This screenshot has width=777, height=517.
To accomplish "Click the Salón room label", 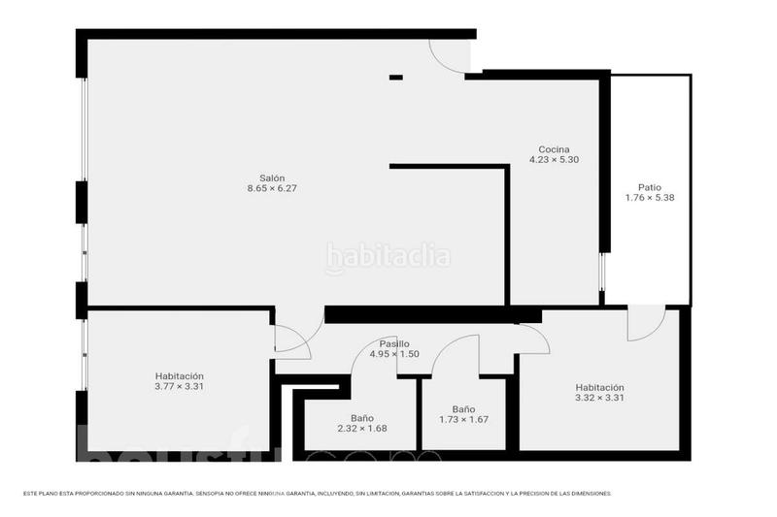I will tap(271, 178).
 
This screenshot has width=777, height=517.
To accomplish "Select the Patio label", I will tap(650, 187).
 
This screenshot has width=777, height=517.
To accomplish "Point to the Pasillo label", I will tap(393, 343).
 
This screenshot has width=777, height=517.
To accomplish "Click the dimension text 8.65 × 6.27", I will tap(271, 188).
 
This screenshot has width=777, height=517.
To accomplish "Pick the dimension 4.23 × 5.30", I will tap(554, 160).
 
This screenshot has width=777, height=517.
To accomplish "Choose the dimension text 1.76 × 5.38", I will tap(650, 198).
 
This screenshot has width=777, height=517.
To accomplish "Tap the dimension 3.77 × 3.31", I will tap(179, 386).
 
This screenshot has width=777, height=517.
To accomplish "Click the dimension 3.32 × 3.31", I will tap(598, 397).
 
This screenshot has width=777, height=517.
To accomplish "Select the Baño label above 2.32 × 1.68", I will tap(361, 418).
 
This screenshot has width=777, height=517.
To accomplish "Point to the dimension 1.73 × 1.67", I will tap(463, 420).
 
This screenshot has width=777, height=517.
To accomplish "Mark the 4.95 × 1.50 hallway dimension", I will tap(393, 354).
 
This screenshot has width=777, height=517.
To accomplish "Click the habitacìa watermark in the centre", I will tap(388, 257).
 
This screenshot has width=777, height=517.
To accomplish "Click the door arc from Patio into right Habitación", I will tap(645, 324).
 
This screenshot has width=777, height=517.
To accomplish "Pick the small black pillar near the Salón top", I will tap(395, 77).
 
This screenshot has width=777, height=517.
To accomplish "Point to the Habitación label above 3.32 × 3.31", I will tap(598, 386).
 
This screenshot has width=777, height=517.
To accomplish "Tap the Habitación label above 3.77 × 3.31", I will tap(179, 375).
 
